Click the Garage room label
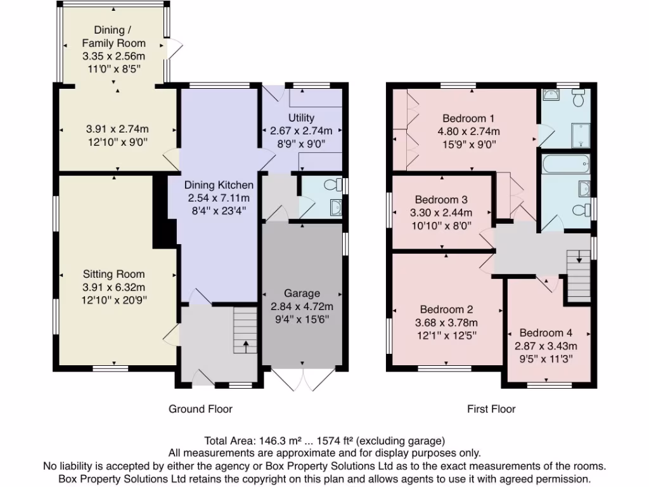coord(302,294)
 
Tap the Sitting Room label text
coord(113,274)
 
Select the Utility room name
coord(301,118)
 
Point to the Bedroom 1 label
coord(468,119)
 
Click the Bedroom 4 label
coord(546,333)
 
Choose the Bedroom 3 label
coord(442,198)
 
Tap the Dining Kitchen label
coord(219,185)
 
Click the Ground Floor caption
coord(200,409)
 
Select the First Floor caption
coord(491,409)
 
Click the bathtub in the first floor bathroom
coord(565,166)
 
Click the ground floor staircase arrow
coord(246,346)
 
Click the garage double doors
coord(303,379)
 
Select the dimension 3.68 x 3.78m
coord(446,322)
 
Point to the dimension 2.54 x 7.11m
coord(219,197)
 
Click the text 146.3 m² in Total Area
coord(274,440)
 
